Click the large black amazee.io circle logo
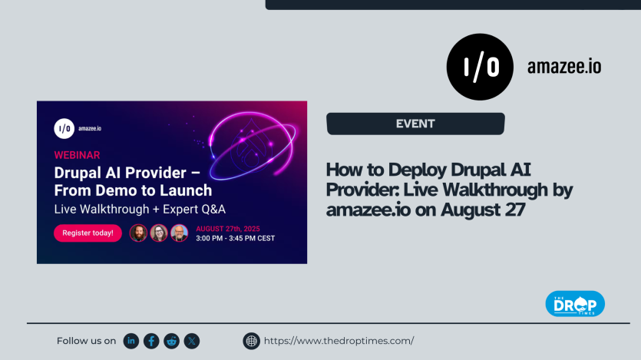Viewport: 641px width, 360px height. pos(480,67)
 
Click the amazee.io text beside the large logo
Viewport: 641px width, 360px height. pos(563,67)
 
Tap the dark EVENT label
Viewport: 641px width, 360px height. pos(415,124)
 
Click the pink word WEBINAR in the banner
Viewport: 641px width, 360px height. pos(77,154)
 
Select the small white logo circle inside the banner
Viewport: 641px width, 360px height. pos(64,129)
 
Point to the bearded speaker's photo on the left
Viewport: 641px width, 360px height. pos(138,233)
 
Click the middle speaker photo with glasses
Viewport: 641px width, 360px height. pos(159,233)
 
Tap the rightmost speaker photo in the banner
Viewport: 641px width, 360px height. pos(179,233)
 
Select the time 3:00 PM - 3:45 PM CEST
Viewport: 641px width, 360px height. pos(235,239)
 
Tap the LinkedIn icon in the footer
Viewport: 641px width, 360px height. pos(131,341)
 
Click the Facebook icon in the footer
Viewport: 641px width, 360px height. pos(151,341)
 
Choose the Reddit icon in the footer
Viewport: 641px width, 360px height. pos(171,341)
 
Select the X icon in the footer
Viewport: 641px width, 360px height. pos(191,341)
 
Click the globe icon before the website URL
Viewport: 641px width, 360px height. pos(251,341)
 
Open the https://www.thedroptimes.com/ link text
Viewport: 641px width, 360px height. pos(339,341)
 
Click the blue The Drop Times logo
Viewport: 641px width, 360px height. pos(574,303)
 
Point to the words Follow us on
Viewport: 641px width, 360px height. pos(86,341)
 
